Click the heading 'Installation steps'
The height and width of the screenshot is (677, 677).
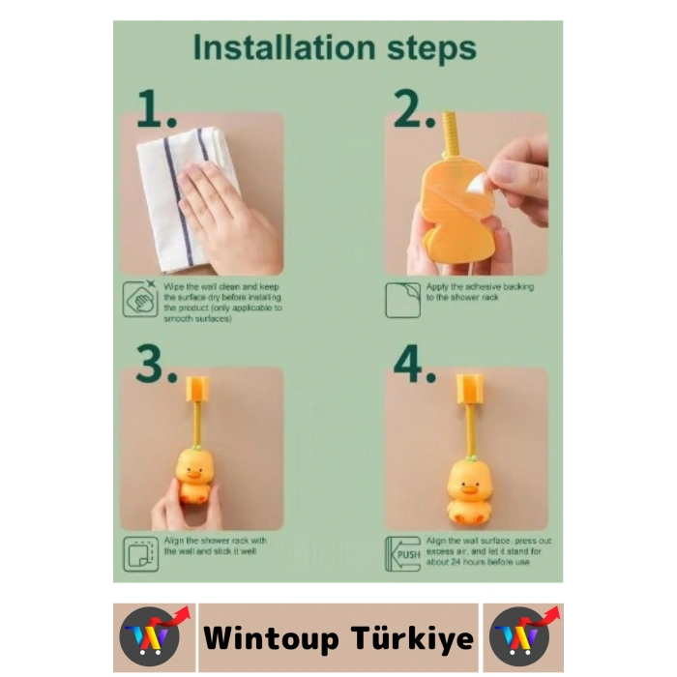click(x=335, y=47)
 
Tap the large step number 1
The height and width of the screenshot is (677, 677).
click(x=156, y=111)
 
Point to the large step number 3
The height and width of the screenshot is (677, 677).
click(x=156, y=365)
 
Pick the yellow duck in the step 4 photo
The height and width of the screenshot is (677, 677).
click(x=469, y=488)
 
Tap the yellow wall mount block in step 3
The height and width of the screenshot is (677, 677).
click(x=197, y=389)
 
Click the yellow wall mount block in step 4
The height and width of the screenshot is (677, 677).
click(x=470, y=389)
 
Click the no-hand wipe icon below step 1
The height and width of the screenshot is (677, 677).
click(x=139, y=299)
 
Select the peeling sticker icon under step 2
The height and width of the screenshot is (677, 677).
click(x=402, y=299)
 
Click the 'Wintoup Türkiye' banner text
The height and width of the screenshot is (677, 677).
click(x=338, y=638)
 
